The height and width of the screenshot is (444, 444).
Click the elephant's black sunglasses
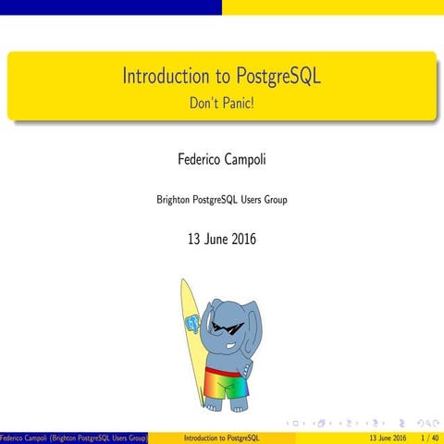click(226, 327)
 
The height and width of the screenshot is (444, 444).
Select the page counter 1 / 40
click(428, 437)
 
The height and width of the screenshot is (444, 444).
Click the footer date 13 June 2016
click(387, 437)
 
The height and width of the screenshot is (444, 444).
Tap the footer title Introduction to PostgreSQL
click(222, 437)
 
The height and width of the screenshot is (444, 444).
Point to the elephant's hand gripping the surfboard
click(193, 325)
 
